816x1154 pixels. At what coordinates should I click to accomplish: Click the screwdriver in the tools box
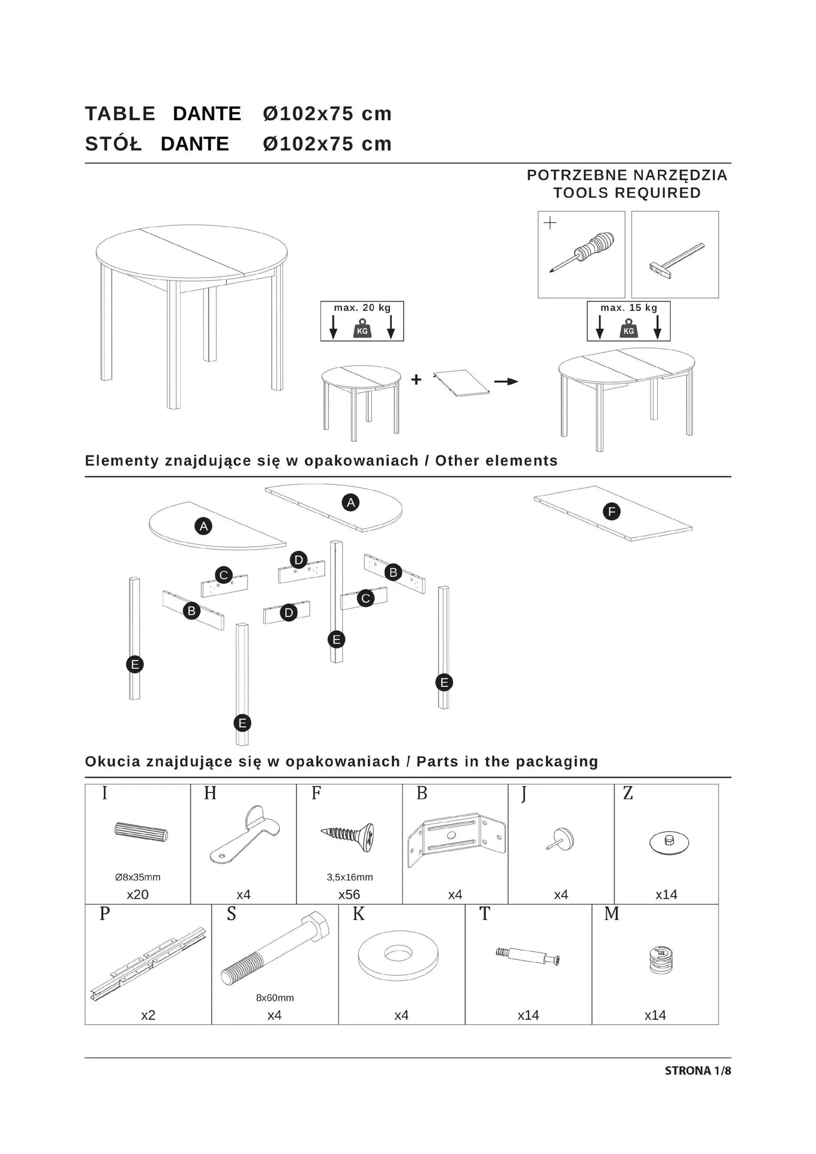click(x=582, y=252)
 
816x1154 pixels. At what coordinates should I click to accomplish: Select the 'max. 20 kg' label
click(x=362, y=308)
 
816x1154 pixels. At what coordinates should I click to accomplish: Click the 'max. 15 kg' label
click(x=629, y=308)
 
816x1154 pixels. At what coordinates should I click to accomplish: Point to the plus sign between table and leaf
click(x=416, y=379)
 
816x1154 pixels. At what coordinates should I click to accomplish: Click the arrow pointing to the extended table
click(x=506, y=382)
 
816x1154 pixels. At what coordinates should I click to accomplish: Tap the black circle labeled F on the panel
click(x=611, y=511)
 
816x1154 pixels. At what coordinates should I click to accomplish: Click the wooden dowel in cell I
click(x=141, y=832)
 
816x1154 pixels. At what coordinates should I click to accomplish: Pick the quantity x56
click(x=349, y=895)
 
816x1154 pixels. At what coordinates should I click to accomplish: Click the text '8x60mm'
click(x=275, y=998)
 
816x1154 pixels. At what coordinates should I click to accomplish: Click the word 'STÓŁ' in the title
click(x=113, y=144)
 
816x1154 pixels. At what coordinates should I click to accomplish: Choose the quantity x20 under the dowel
click(x=138, y=895)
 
